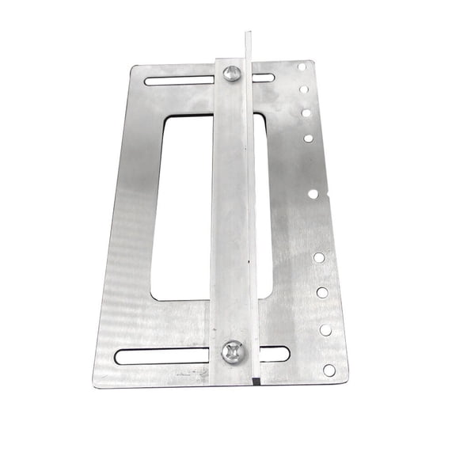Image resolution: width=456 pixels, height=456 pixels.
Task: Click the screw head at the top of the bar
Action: tap(231, 74)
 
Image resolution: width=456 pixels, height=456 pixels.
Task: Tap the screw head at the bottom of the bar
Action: tap(233, 352)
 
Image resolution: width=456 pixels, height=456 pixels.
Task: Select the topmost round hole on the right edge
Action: tap(302, 66)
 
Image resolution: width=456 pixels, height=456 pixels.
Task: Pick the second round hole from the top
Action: tap(304, 89)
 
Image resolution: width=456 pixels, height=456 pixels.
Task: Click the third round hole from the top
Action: tap(306, 113)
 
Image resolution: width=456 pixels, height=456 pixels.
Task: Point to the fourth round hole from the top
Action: tap(308, 138)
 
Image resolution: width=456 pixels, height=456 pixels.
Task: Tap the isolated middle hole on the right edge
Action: tap(313, 193)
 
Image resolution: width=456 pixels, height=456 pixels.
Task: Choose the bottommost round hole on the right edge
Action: tap(329, 370)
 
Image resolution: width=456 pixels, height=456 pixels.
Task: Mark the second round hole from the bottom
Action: tap(325, 329)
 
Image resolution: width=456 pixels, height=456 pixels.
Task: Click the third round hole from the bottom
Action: tap(322, 292)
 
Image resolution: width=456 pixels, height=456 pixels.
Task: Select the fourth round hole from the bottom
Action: tap(319, 257)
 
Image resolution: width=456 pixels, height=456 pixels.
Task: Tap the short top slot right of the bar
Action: tap(264, 78)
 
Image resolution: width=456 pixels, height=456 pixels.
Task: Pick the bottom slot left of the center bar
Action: tap(162, 357)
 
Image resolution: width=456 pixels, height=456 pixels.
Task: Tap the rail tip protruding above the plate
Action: tap(248, 44)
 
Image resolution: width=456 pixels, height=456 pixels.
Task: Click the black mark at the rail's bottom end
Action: tap(256, 381)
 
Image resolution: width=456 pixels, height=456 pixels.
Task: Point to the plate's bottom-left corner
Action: tap(95, 383)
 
